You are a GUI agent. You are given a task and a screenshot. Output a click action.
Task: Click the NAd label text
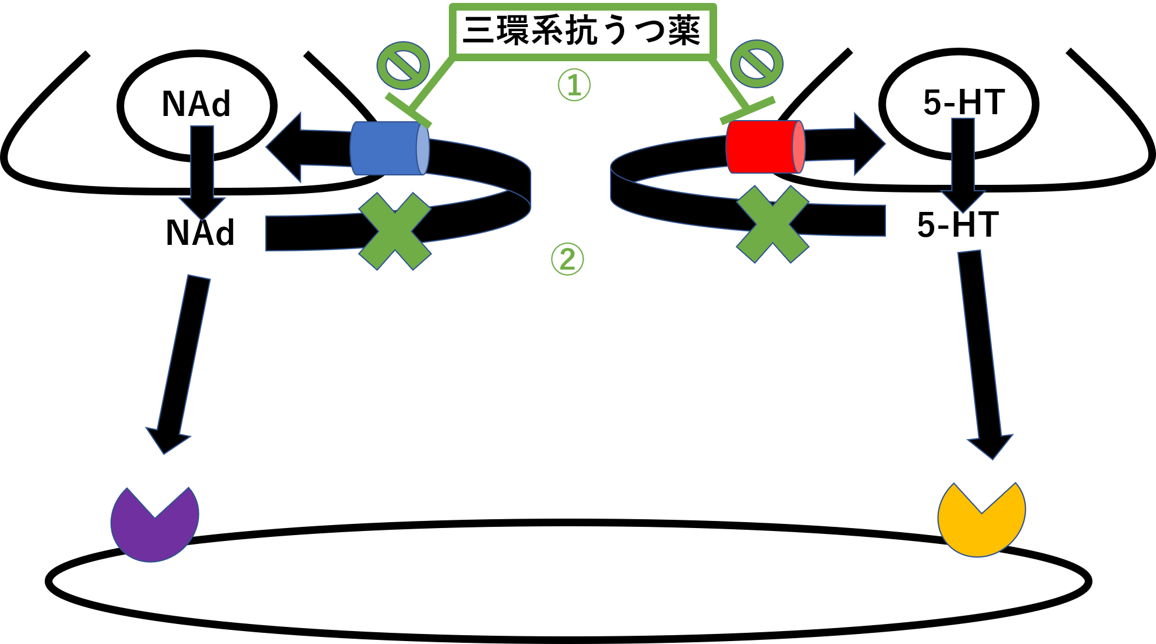pyautogui.click(x=196, y=104)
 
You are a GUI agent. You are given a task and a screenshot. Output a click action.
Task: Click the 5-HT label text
pyautogui.click(x=964, y=102)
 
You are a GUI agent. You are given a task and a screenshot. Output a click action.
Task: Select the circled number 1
pyautogui.click(x=574, y=85)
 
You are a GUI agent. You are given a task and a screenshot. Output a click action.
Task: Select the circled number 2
pyautogui.click(x=567, y=259)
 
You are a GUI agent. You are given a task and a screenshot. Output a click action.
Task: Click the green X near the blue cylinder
pyautogui.click(x=395, y=231)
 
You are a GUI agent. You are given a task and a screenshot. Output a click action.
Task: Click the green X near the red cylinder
pyautogui.click(x=772, y=224)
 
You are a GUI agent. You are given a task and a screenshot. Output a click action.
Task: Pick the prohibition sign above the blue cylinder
pyautogui.click(x=403, y=65)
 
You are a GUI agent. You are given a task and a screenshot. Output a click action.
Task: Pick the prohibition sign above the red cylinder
pyautogui.click(x=757, y=64)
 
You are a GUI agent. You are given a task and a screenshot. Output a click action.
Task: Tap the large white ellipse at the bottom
pyautogui.click(x=568, y=589)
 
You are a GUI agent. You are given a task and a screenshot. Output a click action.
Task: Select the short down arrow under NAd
pyautogui.click(x=202, y=177)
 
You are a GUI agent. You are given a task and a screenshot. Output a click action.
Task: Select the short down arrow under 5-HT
pyautogui.click(x=963, y=171)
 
